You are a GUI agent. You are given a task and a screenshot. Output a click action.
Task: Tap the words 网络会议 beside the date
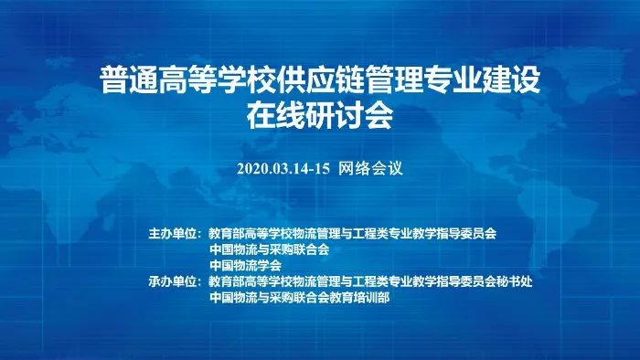[x=371, y=168]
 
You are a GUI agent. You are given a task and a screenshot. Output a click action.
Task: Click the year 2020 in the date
[x=251, y=168]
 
